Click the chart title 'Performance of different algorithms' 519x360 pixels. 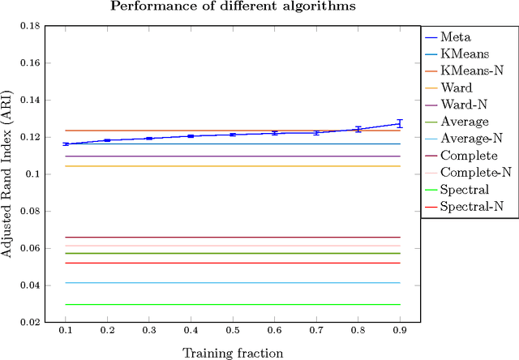coord(232,7)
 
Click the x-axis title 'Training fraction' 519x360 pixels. coord(232,352)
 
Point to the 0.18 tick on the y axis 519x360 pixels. coord(30,26)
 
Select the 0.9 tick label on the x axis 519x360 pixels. coord(398,332)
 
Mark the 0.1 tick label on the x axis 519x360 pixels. coord(66,332)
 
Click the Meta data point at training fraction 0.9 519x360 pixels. coord(398,123)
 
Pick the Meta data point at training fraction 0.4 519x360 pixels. coord(191,136)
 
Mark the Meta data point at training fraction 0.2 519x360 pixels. coord(107,140)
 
